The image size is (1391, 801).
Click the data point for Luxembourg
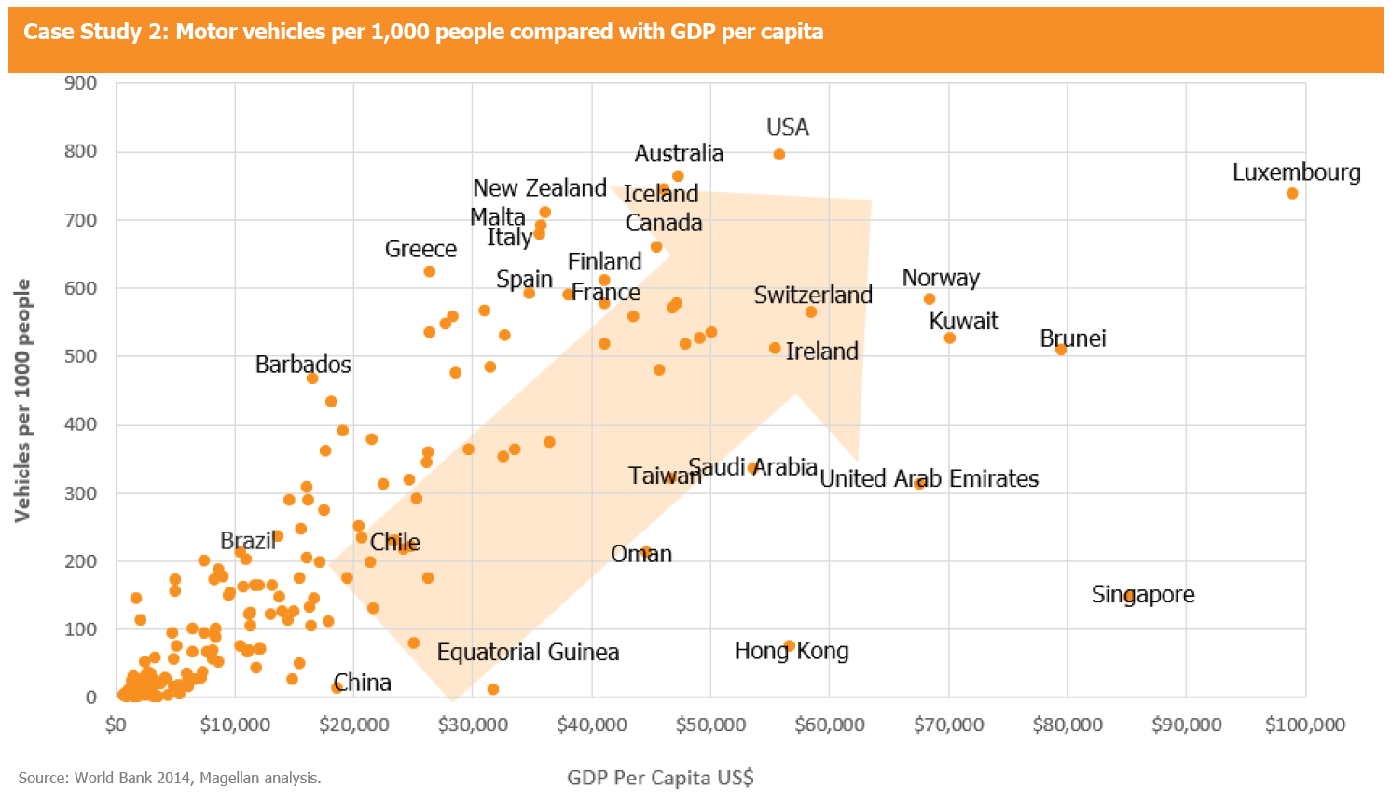pyautogui.click(x=1292, y=194)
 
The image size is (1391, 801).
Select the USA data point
pyautogui.click(x=779, y=155)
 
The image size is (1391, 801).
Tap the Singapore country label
pyautogui.click(x=1143, y=595)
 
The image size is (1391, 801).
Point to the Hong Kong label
pyautogui.click(x=792, y=651)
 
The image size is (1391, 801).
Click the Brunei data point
pyautogui.click(x=1061, y=350)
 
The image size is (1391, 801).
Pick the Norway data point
pyautogui.click(x=930, y=299)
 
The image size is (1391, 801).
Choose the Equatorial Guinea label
pyautogui.click(x=528, y=653)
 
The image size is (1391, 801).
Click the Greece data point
pyautogui.click(x=430, y=272)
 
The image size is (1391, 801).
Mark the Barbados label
pyautogui.click(x=303, y=365)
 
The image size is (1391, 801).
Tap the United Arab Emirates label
pyautogui.click(x=930, y=479)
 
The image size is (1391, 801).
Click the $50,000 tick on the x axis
pyautogui.click(x=710, y=725)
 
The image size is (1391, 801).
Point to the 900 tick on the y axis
pyautogui.click(x=81, y=83)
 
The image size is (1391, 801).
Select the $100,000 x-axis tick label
pyautogui.click(x=1305, y=725)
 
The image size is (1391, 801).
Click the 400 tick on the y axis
pyautogui.click(x=81, y=424)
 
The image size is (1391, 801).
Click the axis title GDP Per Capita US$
pyautogui.click(x=660, y=778)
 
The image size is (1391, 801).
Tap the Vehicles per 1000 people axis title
pyautogui.click(x=22, y=401)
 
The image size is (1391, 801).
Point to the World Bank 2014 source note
pyautogui.click(x=170, y=778)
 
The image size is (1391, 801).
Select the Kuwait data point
pyautogui.click(x=950, y=338)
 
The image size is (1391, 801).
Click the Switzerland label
pyautogui.click(x=813, y=296)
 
